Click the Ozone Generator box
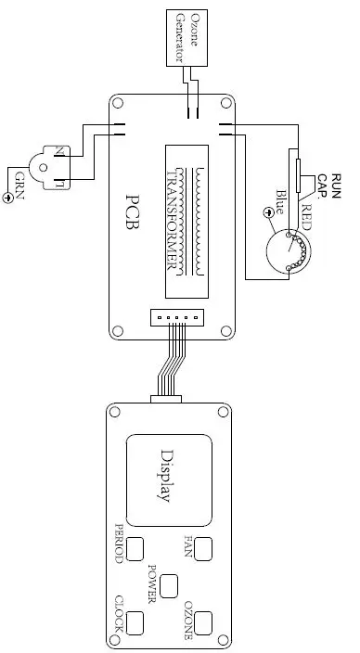click(x=186, y=38)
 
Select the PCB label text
click(x=133, y=211)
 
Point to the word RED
click(x=306, y=217)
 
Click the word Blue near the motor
click(x=280, y=202)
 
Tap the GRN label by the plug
click(x=19, y=186)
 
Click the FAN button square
click(x=203, y=548)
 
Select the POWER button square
click(x=169, y=586)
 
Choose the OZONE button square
click(x=203, y=623)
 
